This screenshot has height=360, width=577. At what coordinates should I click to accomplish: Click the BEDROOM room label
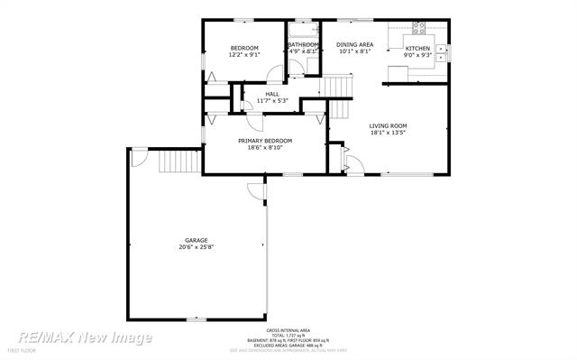pyautogui.click(x=244, y=48)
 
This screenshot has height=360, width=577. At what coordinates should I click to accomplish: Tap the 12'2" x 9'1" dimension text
pyautogui.click(x=244, y=55)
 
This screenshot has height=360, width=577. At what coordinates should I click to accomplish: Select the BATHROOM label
pyautogui.click(x=303, y=45)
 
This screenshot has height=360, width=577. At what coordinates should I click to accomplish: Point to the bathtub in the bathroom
pyautogui.click(x=303, y=28)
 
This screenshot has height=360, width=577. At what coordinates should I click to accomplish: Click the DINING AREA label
pyautogui.click(x=354, y=44)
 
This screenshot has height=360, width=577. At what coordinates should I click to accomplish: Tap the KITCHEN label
pyautogui.click(x=417, y=48)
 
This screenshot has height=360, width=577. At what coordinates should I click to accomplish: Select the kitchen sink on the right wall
pyautogui.click(x=441, y=56)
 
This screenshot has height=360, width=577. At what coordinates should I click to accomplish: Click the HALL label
pyautogui.click(x=271, y=93)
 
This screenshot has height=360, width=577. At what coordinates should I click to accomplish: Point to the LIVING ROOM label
pyautogui.click(x=388, y=125)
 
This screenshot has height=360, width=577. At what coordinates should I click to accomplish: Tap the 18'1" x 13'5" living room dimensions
pyautogui.click(x=388, y=133)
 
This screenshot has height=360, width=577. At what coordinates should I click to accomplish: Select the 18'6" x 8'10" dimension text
pyautogui.click(x=265, y=148)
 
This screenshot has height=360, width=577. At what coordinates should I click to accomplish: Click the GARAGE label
pyautogui.click(x=197, y=240)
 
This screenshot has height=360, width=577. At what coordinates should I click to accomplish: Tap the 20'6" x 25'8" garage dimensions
pyautogui.click(x=197, y=247)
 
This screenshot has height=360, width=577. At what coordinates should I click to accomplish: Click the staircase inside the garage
pyautogui.click(x=172, y=162)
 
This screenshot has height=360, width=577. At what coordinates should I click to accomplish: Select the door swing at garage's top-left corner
pyautogui.click(x=138, y=157)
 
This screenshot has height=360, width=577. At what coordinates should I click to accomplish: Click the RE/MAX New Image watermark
pyautogui.click(x=86, y=337)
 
